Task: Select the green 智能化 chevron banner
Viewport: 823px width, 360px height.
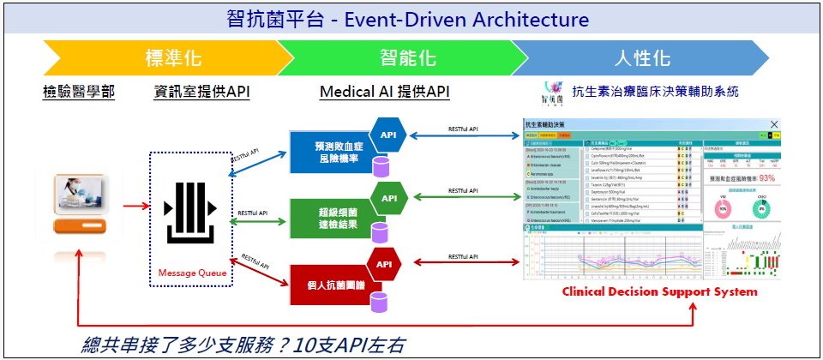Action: point(406,58)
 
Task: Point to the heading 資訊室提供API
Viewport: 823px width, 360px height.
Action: point(202,92)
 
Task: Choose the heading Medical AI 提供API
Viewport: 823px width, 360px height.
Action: point(385,92)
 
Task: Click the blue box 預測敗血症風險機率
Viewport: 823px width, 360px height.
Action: point(328,153)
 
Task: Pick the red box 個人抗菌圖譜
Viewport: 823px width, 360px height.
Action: point(328,279)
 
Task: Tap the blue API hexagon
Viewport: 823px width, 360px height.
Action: point(388,135)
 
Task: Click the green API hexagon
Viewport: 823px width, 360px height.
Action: point(388,198)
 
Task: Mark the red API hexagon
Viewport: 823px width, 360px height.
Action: point(385,263)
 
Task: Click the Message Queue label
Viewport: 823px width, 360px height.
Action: point(193,273)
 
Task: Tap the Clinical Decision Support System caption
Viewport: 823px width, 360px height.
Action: point(659,292)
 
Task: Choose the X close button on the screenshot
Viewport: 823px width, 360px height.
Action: point(774,126)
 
